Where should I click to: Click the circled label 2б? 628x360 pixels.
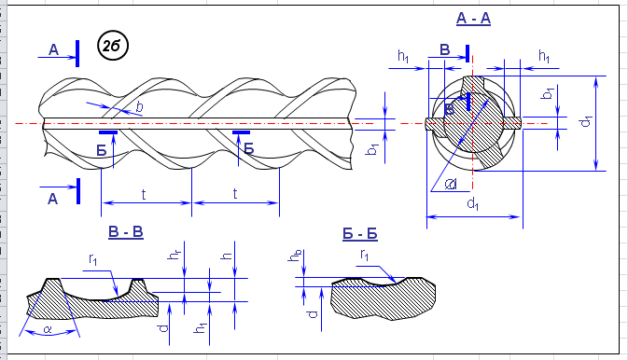(x=113, y=46)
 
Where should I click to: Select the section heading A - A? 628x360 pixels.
(x=473, y=19)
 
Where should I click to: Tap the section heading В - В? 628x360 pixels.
(x=126, y=232)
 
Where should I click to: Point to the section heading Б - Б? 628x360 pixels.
(x=360, y=234)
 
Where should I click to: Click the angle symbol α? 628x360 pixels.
(x=49, y=329)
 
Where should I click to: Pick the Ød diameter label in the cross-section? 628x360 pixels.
(x=452, y=184)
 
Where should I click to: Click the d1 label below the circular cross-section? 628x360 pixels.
(x=473, y=204)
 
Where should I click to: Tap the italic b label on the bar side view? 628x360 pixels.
(x=139, y=106)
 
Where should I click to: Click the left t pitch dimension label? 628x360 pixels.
(x=144, y=195)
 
